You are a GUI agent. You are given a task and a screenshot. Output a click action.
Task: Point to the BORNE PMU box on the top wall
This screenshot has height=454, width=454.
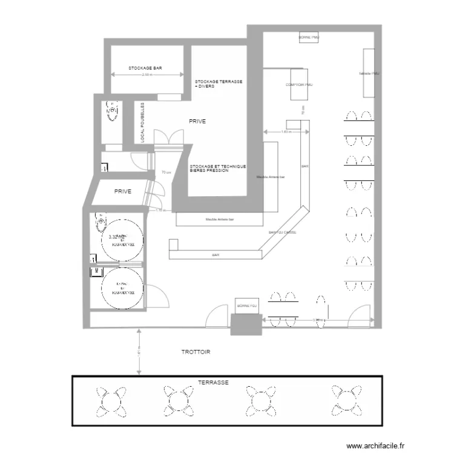[309, 38]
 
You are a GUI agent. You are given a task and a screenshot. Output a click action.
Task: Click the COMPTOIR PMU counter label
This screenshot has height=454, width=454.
[299, 85]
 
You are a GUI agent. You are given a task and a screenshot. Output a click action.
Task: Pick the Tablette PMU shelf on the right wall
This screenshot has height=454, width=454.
[369, 73]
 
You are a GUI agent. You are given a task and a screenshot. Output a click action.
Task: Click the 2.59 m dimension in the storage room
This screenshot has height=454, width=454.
[147, 75]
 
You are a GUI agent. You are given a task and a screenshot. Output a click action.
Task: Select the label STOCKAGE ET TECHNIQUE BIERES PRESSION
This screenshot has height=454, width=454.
[218, 168]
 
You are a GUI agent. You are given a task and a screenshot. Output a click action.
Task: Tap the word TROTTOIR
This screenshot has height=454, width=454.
[196, 352]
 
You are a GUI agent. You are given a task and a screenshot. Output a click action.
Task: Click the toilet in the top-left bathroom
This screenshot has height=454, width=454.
[111, 110]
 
